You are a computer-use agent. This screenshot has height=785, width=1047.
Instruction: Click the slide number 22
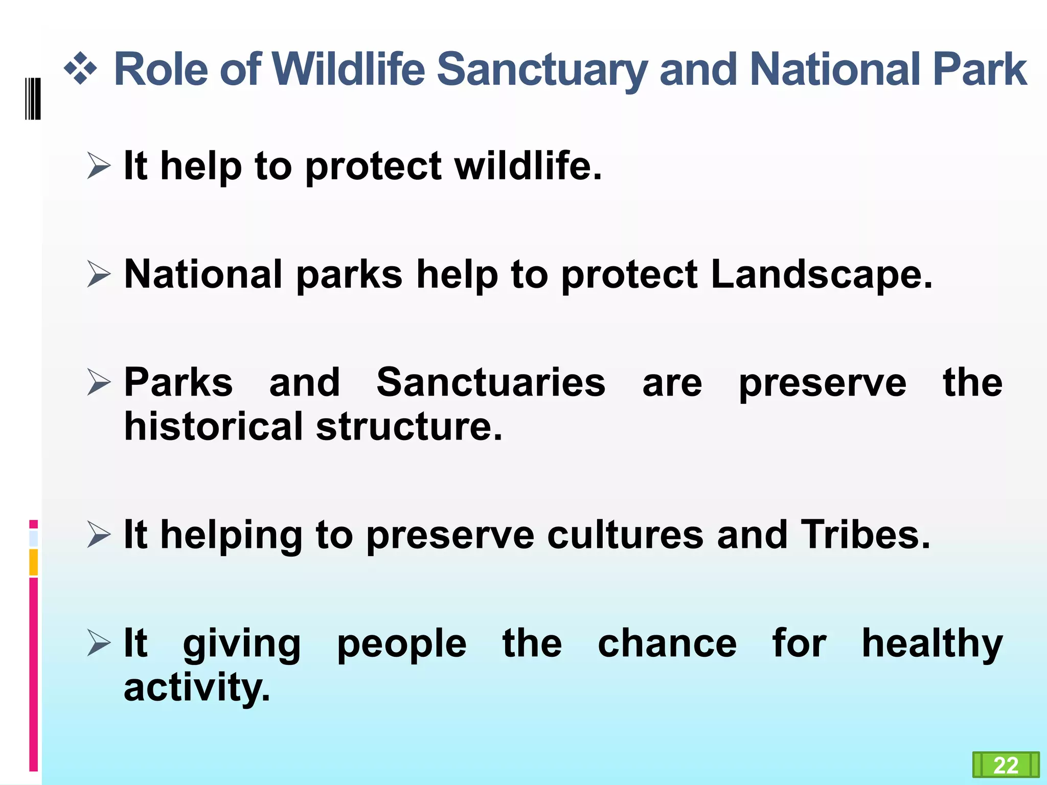click(x=1006, y=766)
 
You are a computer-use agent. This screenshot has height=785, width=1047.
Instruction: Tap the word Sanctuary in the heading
click(x=542, y=71)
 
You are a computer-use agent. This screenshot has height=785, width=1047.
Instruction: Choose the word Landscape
click(x=821, y=275)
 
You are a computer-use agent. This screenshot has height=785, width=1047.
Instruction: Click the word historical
click(x=214, y=427)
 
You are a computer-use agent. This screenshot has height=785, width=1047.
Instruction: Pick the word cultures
click(x=625, y=535)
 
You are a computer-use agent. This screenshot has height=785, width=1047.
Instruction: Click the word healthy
click(x=932, y=644)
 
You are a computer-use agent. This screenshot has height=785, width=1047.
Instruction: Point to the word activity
click(x=197, y=688)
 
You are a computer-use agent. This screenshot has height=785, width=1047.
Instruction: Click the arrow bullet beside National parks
click(x=99, y=274)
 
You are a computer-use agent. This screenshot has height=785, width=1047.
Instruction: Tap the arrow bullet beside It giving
click(x=99, y=642)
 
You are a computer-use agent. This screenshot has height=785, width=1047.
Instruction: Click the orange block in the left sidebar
click(x=33, y=562)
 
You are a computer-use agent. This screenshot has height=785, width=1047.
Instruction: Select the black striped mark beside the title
click(x=33, y=99)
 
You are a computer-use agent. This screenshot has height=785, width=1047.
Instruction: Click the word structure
click(x=409, y=427)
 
